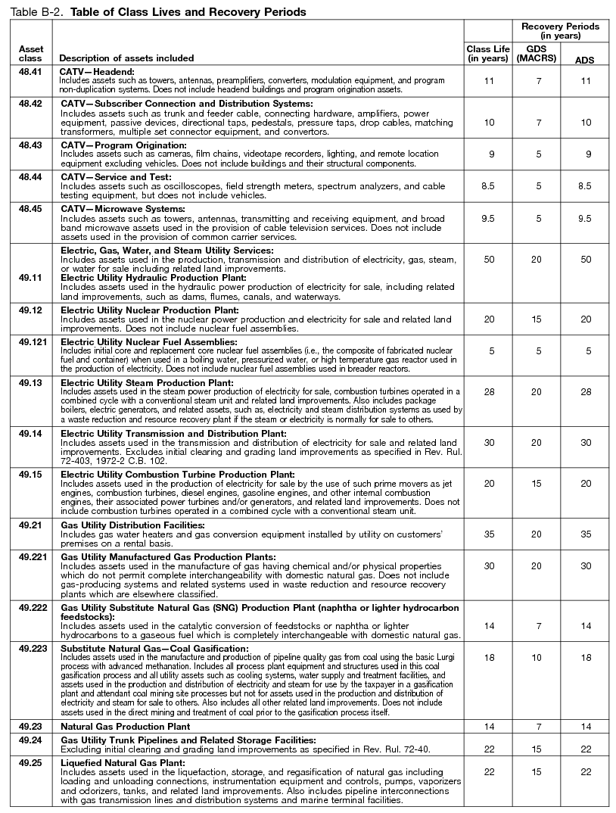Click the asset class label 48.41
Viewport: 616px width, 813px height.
click(x=30, y=70)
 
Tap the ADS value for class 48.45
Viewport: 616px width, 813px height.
click(x=583, y=218)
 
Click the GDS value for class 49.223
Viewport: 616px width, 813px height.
click(x=536, y=659)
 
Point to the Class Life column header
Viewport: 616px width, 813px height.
click(x=488, y=53)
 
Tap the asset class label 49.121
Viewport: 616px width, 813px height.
click(x=33, y=342)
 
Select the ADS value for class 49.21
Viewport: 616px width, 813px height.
click(x=583, y=533)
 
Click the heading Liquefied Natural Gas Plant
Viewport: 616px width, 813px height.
click(x=123, y=763)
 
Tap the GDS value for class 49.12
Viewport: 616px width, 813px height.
click(x=536, y=319)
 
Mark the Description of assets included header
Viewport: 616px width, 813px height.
click(x=126, y=58)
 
